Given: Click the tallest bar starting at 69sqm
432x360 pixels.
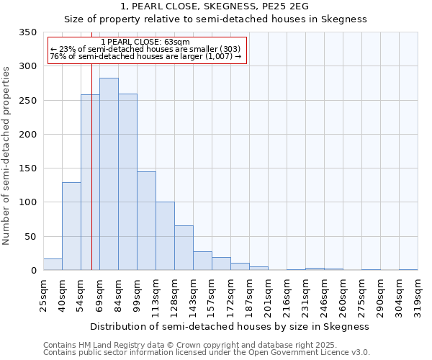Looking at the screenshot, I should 109,174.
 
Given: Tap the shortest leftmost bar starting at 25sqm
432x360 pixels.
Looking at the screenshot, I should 53,264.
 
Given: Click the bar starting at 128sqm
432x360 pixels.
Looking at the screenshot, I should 184,248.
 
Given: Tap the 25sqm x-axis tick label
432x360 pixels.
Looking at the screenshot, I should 44,293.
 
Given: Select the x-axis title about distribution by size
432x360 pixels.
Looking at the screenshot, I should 230,326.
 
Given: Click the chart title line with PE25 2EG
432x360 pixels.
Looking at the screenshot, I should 215,6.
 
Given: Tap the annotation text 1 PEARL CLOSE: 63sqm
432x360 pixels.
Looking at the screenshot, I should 146,42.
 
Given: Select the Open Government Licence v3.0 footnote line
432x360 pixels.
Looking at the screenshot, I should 206,353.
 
